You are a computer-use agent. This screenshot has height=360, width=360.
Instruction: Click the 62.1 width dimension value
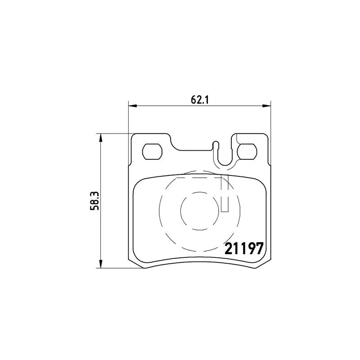click(199, 100)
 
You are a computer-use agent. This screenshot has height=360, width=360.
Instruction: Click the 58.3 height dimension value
click(94, 201)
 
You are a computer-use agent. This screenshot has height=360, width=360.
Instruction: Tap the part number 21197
click(243, 249)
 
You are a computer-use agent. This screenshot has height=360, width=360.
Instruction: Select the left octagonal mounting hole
click(152, 151)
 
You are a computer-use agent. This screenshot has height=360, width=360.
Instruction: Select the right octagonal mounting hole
click(247, 151)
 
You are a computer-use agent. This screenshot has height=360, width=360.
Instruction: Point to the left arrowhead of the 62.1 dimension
click(132, 106)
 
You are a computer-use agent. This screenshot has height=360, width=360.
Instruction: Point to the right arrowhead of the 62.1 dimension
click(267, 106)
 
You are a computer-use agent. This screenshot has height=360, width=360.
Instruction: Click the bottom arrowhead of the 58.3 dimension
click(100, 264)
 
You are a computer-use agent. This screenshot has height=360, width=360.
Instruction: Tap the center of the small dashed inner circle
click(199, 211)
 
